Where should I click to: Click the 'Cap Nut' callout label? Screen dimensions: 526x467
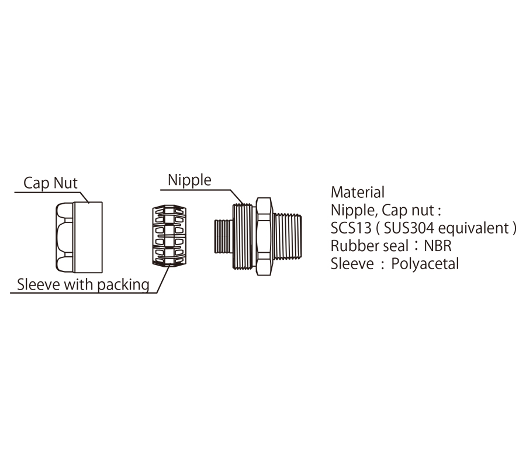(50, 183)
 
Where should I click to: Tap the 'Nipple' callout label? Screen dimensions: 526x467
(189, 180)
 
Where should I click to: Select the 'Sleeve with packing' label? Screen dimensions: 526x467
(83, 284)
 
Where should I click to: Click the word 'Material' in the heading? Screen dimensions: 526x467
(358, 192)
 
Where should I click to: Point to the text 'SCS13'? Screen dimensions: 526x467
(351, 228)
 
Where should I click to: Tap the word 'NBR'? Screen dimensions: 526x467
(438, 246)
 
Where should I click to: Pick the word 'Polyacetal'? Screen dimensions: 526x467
(425, 264)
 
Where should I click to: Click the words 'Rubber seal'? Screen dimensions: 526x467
(369, 246)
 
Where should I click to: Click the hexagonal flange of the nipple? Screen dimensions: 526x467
(264, 236)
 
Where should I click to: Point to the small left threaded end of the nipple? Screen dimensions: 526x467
(223, 236)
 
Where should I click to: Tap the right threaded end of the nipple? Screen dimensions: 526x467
(287, 236)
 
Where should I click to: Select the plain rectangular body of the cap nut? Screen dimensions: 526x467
(88, 237)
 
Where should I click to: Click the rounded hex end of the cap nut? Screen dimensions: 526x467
(65, 237)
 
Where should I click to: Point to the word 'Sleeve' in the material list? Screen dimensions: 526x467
(352, 264)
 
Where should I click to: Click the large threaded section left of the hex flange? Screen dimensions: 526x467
(244, 236)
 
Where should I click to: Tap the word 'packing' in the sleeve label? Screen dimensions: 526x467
(123, 285)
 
